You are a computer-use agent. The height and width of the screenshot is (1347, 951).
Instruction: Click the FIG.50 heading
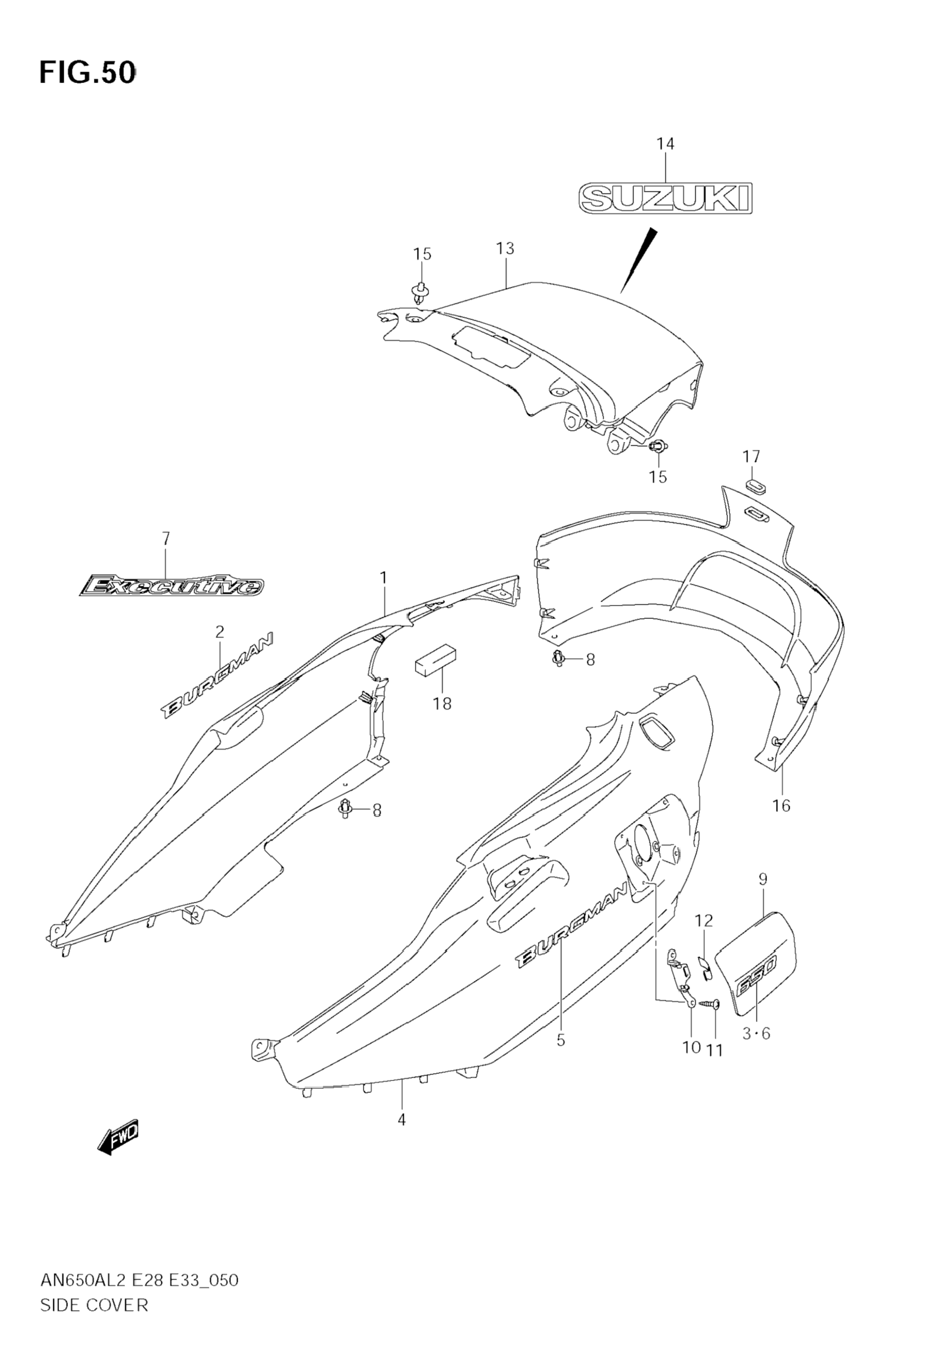(88, 73)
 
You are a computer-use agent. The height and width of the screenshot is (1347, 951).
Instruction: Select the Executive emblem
(171, 585)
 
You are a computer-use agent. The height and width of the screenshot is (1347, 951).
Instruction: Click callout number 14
(665, 144)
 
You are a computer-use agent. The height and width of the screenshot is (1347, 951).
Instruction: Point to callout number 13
(505, 249)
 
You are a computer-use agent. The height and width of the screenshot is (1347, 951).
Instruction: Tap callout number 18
(442, 703)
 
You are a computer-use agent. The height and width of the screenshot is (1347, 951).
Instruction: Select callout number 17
(751, 456)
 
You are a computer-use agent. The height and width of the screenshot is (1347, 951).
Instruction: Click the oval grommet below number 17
(756, 485)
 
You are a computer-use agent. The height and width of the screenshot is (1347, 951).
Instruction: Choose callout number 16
(781, 805)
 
